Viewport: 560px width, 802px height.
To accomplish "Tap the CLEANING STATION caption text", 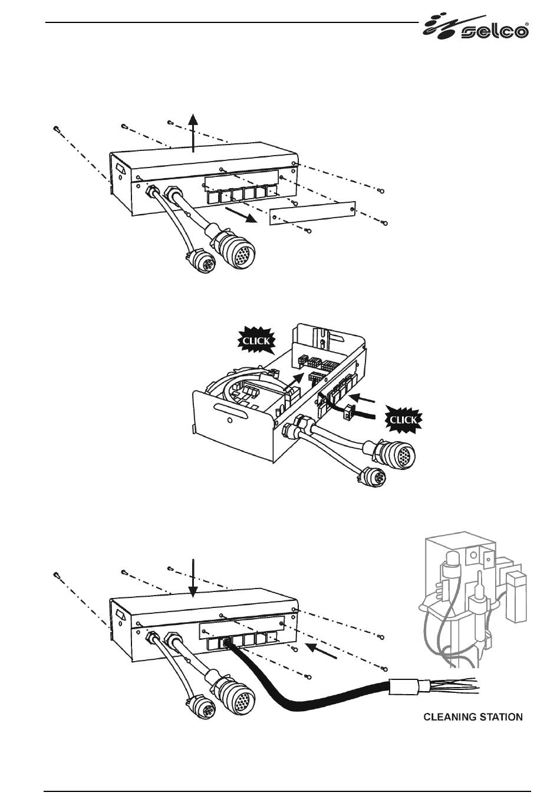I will point(473,717).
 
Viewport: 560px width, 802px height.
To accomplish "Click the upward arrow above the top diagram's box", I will point(193,133).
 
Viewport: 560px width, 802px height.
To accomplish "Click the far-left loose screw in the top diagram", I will point(55,129).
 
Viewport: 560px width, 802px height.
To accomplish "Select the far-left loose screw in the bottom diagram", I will point(55,574).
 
